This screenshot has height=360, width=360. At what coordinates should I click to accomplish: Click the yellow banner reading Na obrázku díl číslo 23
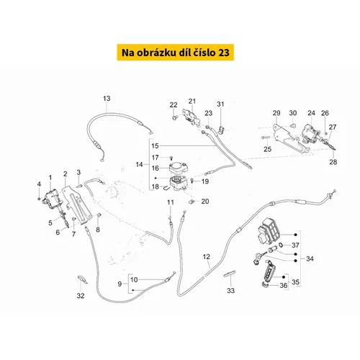coord(176,52)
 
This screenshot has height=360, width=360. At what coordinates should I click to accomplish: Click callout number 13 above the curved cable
coord(107,99)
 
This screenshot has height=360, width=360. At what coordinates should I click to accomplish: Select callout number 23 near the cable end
coord(208,113)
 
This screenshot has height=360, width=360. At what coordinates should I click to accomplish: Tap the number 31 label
coord(220,104)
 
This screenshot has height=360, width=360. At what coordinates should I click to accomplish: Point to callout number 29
coord(276,113)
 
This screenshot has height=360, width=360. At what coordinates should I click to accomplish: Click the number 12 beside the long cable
coord(207,257)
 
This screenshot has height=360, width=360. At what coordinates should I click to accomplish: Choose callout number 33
coord(230,291)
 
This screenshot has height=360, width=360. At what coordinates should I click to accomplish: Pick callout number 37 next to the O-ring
coord(295,246)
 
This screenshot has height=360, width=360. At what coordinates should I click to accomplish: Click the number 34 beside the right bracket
coord(310,258)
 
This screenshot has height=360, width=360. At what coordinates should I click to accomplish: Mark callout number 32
coord(81,296)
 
